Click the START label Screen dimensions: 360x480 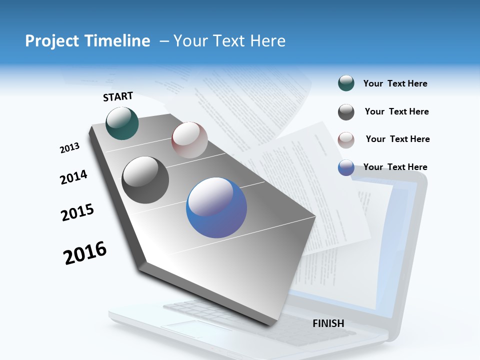[118, 96]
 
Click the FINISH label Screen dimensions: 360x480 [328, 323]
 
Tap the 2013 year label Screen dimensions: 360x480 [69, 148]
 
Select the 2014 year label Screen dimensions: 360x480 [73, 177]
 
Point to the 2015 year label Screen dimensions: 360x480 [77, 212]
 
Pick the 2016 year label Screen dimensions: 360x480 [85, 253]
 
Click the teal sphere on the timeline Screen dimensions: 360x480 [122, 123]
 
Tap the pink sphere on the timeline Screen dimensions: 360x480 [189, 140]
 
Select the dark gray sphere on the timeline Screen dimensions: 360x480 [145, 180]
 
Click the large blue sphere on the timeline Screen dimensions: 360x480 [216, 208]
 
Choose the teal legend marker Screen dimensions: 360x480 [346, 83]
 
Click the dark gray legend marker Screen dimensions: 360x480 [346, 112]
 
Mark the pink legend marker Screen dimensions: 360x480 [346, 140]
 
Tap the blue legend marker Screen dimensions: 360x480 [346, 167]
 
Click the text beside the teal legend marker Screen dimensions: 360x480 [395, 83]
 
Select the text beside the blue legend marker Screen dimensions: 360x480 [395, 167]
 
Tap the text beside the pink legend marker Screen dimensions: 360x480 [397, 139]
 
